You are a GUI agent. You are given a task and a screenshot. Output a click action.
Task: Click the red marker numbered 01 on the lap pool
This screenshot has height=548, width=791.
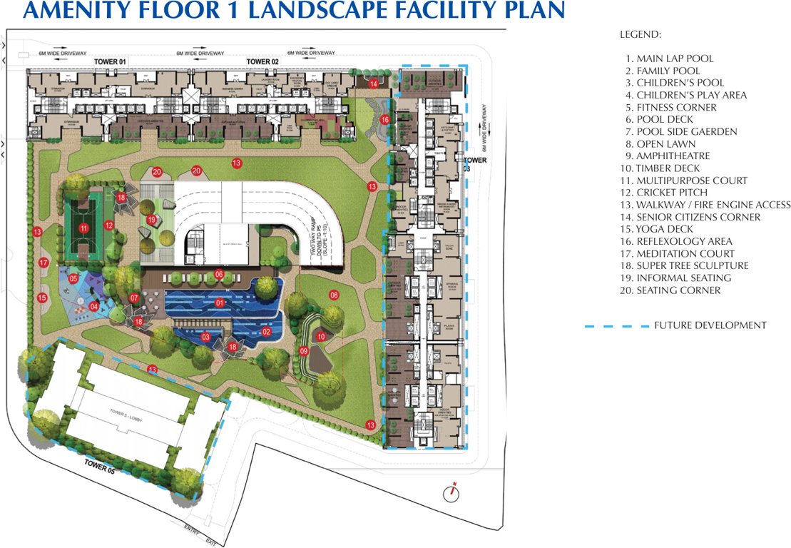coord(220,303)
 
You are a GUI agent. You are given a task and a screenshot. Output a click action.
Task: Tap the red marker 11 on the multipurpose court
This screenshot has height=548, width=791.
coord(83,228)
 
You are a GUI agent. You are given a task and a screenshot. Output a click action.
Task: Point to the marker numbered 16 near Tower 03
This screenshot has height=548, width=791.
coord(385,120)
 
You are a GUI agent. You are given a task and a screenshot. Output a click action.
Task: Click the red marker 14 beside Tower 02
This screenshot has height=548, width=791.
coord(374,84)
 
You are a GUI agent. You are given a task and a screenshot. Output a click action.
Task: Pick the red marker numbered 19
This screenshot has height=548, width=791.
coord(151,219)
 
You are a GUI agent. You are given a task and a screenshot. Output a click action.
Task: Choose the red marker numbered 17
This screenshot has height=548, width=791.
coord(44,263)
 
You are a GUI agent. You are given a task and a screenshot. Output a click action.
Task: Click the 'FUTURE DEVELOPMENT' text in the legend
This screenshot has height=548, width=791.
coord(710,325)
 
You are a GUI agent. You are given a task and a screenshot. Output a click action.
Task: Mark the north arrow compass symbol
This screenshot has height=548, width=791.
coord(449,491)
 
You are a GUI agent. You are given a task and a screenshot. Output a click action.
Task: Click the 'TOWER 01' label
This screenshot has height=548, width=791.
coord(110,63)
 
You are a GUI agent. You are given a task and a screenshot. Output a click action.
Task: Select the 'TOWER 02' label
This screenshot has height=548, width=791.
coord(262,63)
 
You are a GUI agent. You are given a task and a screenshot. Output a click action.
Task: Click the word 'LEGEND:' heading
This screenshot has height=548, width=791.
coord(640,34)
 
